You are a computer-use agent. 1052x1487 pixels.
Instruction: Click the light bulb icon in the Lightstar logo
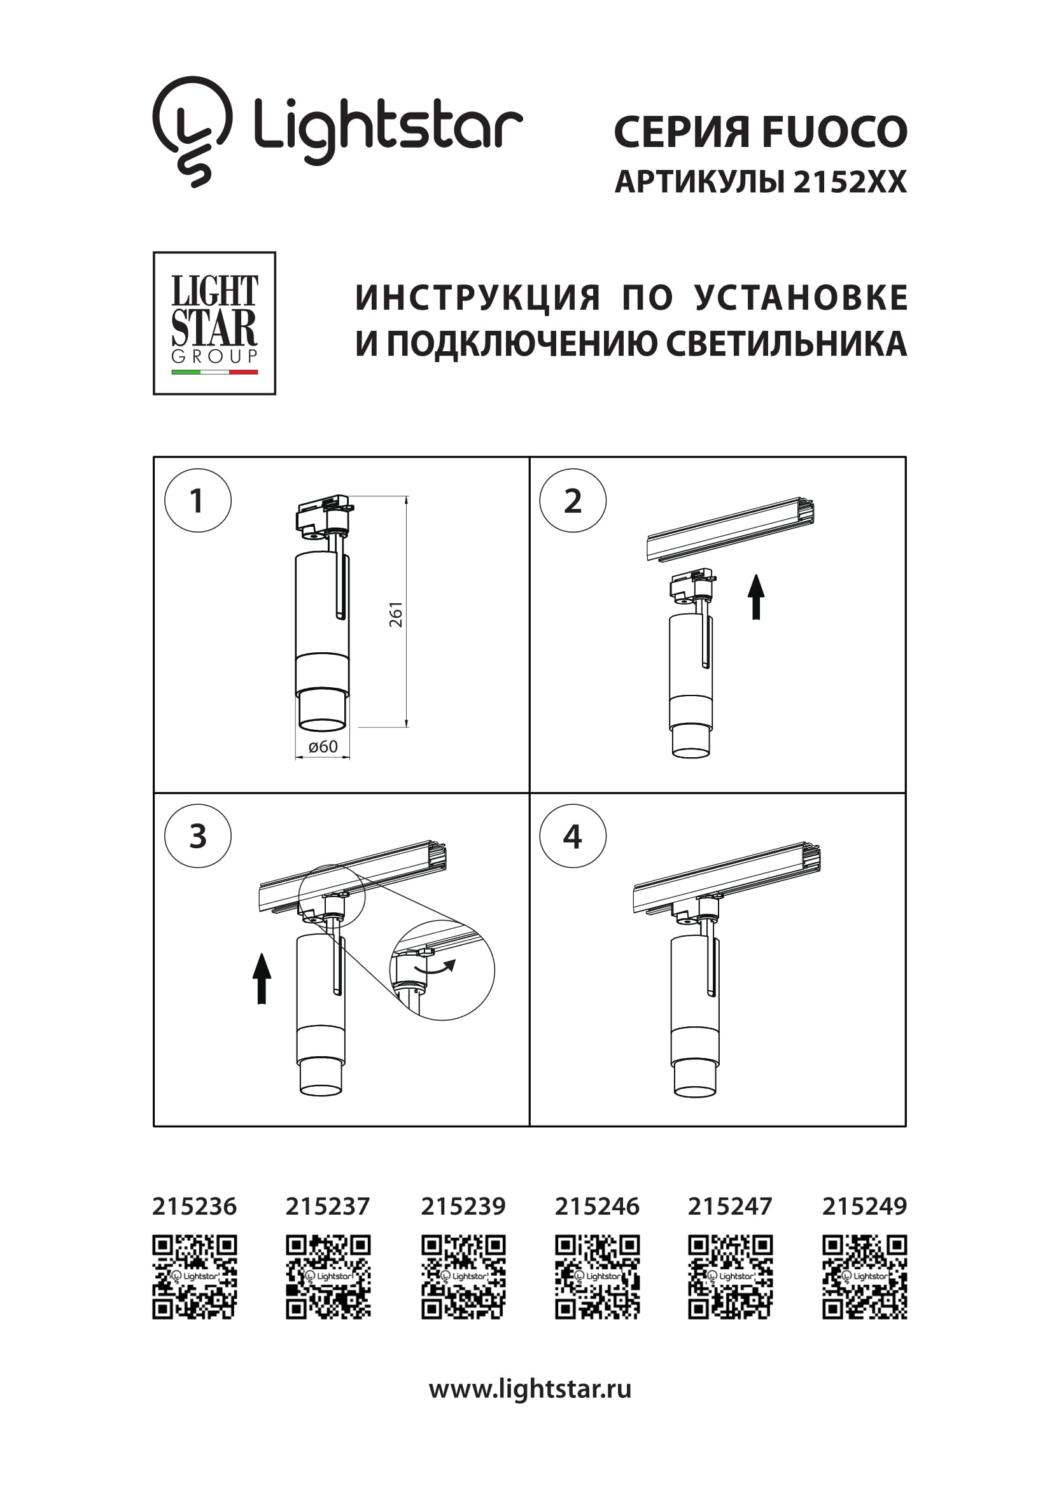click(192, 131)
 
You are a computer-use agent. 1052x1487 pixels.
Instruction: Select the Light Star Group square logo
click(214, 323)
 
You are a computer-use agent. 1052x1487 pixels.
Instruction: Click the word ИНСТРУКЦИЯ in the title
click(478, 298)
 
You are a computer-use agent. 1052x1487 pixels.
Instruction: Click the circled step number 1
click(197, 501)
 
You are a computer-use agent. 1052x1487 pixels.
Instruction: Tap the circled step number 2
click(573, 501)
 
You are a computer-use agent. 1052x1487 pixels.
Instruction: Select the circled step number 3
click(197, 836)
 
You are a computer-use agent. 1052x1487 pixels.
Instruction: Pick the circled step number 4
click(573, 836)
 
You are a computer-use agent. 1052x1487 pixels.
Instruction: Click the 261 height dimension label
click(396, 614)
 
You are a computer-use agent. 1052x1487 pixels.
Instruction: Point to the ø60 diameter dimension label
click(323, 747)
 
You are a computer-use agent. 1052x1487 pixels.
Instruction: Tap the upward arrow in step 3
click(262, 979)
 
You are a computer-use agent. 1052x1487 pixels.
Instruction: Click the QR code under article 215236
click(194, 1277)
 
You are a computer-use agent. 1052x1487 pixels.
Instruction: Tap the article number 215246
click(596, 1206)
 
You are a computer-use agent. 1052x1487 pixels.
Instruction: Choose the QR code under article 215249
click(864, 1277)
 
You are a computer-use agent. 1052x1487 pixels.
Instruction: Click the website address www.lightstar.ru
click(530, 1388)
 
